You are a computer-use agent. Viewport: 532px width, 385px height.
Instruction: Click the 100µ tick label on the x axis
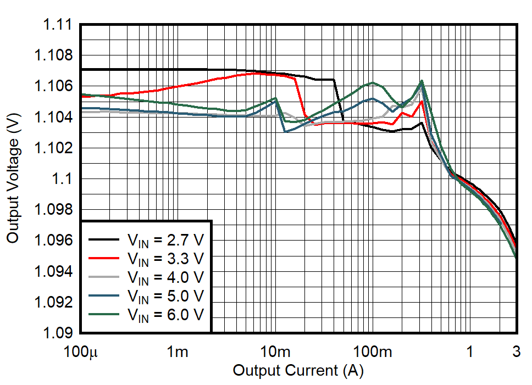click(81, 351)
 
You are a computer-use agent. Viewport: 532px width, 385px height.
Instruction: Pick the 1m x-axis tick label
click(178, 351)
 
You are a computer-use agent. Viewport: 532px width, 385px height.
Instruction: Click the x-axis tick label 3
click(517, 351)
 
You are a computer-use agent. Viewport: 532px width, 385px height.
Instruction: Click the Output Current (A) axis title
click(298, 371)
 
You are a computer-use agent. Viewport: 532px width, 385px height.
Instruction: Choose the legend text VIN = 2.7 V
click(165, 240)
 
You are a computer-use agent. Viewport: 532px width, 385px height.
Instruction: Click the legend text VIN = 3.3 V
click(165, 258)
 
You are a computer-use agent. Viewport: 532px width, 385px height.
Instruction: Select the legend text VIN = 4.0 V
click(165, 277)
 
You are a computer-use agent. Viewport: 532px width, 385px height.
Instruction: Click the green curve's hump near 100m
click(373, 83)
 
